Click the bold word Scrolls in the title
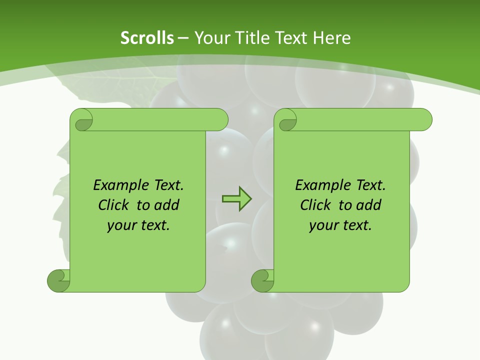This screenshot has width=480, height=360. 147,37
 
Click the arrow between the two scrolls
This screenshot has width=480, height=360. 236,199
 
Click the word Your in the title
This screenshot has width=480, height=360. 209,37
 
